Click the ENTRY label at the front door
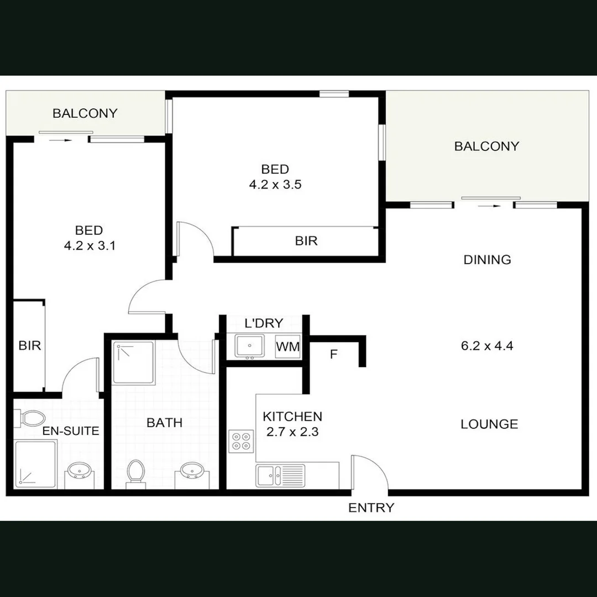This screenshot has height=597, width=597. (371, 508)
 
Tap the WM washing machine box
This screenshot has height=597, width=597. (288, 347)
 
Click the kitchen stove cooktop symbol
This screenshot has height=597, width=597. (241, 441)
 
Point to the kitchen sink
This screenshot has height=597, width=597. (268, 475)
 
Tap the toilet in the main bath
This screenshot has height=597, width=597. (135, 473)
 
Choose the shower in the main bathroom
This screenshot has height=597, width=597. (134, 363)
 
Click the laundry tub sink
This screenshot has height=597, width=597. (250, 347)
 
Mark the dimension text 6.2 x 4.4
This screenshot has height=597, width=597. (487, 347)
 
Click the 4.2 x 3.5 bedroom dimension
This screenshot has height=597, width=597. (275, 185)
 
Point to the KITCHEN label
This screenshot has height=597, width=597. (292, 416)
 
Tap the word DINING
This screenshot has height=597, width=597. (487, 260)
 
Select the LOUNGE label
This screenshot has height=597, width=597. (489, 424)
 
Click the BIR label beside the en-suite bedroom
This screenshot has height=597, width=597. (29, 346)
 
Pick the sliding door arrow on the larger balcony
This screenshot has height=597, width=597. (489, 206)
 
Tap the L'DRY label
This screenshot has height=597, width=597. (264, 323)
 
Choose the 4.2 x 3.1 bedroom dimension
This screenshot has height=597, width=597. (90, 246)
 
